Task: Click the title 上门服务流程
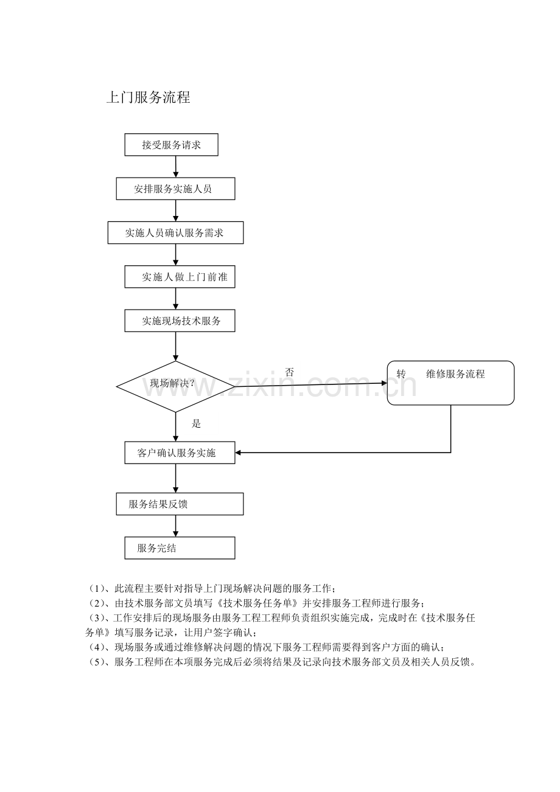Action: (x=149, y=97)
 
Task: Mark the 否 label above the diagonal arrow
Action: (x=289, y=372)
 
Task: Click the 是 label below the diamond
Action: (x=196, y=423)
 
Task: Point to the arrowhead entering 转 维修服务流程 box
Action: (x=385, y=383)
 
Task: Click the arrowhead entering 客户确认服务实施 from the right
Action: (x=238, y=453)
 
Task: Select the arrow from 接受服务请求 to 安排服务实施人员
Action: (x=175, y=167)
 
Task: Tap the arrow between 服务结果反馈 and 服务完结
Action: (x=175, y=526)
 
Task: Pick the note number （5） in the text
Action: (x=96, y=662)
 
